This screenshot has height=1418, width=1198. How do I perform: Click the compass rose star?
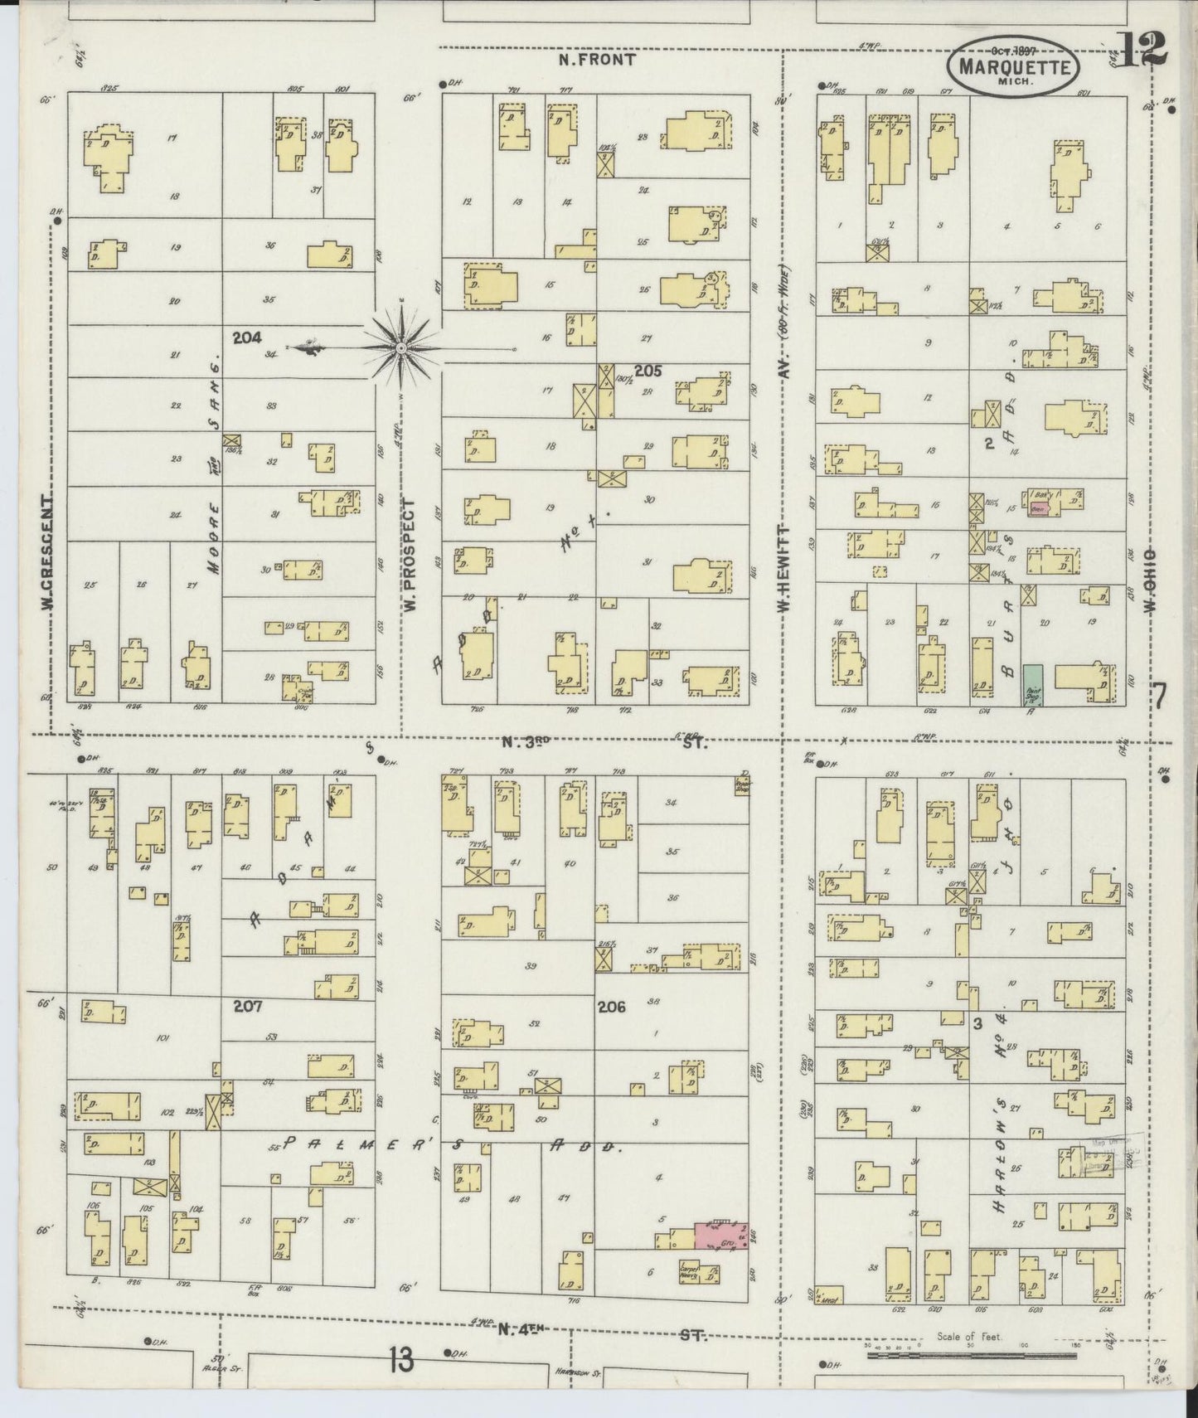point(400,347)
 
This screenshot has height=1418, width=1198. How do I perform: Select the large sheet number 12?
point(1141,49)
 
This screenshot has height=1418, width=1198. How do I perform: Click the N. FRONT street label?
point(596,60)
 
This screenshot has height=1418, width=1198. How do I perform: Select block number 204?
point(247,338)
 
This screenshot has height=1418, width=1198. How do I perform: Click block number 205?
point(648,371)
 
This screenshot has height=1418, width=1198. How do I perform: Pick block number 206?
point(611,1008)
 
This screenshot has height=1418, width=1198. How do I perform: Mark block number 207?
point(247,1006)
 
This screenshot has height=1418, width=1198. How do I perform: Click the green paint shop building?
point(1032,685)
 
